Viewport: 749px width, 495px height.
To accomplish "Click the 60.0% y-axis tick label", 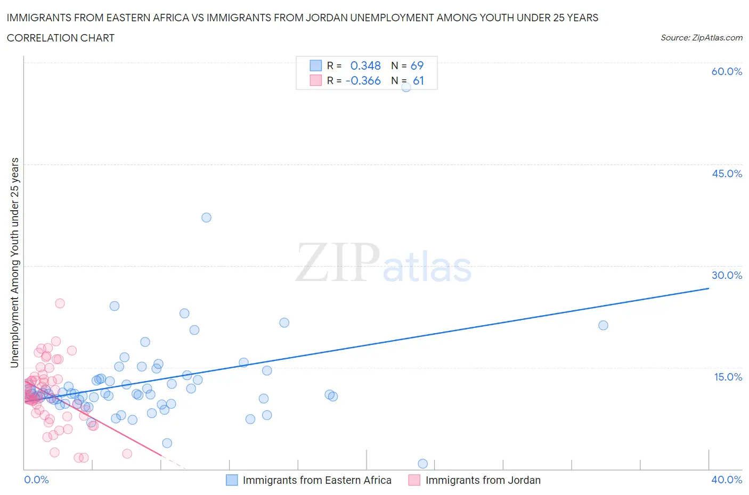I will (727, 71).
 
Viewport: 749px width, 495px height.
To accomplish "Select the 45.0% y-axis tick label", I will (727, 174).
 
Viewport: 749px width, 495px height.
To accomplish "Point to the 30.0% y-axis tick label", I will (727, 275).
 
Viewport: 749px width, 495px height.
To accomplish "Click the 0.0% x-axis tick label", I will (36, 480).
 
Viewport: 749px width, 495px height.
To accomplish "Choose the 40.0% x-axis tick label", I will (727, 480).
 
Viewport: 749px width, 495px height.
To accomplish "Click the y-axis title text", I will (14, 262).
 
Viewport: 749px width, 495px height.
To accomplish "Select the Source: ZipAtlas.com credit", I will (701, 38).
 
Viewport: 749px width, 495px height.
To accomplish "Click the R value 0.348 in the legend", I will (365, 65).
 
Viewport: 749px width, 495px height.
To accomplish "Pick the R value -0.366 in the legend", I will (363, 80).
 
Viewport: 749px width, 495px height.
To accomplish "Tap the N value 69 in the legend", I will (417, 65).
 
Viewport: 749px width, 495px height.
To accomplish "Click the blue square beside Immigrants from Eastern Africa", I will (232, 480).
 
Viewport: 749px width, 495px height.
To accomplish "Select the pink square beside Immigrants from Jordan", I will (414, 480).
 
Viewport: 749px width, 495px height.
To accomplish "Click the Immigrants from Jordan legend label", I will (483, 480).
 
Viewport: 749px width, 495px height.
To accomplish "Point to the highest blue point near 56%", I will (406, 87).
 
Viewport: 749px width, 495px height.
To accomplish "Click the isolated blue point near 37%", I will (206, 217).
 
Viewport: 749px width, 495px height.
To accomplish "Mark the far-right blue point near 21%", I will (603, 325).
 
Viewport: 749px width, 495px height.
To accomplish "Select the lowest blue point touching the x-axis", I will (422, 464).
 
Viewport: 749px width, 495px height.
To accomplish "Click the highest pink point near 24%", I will (60, 303).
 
